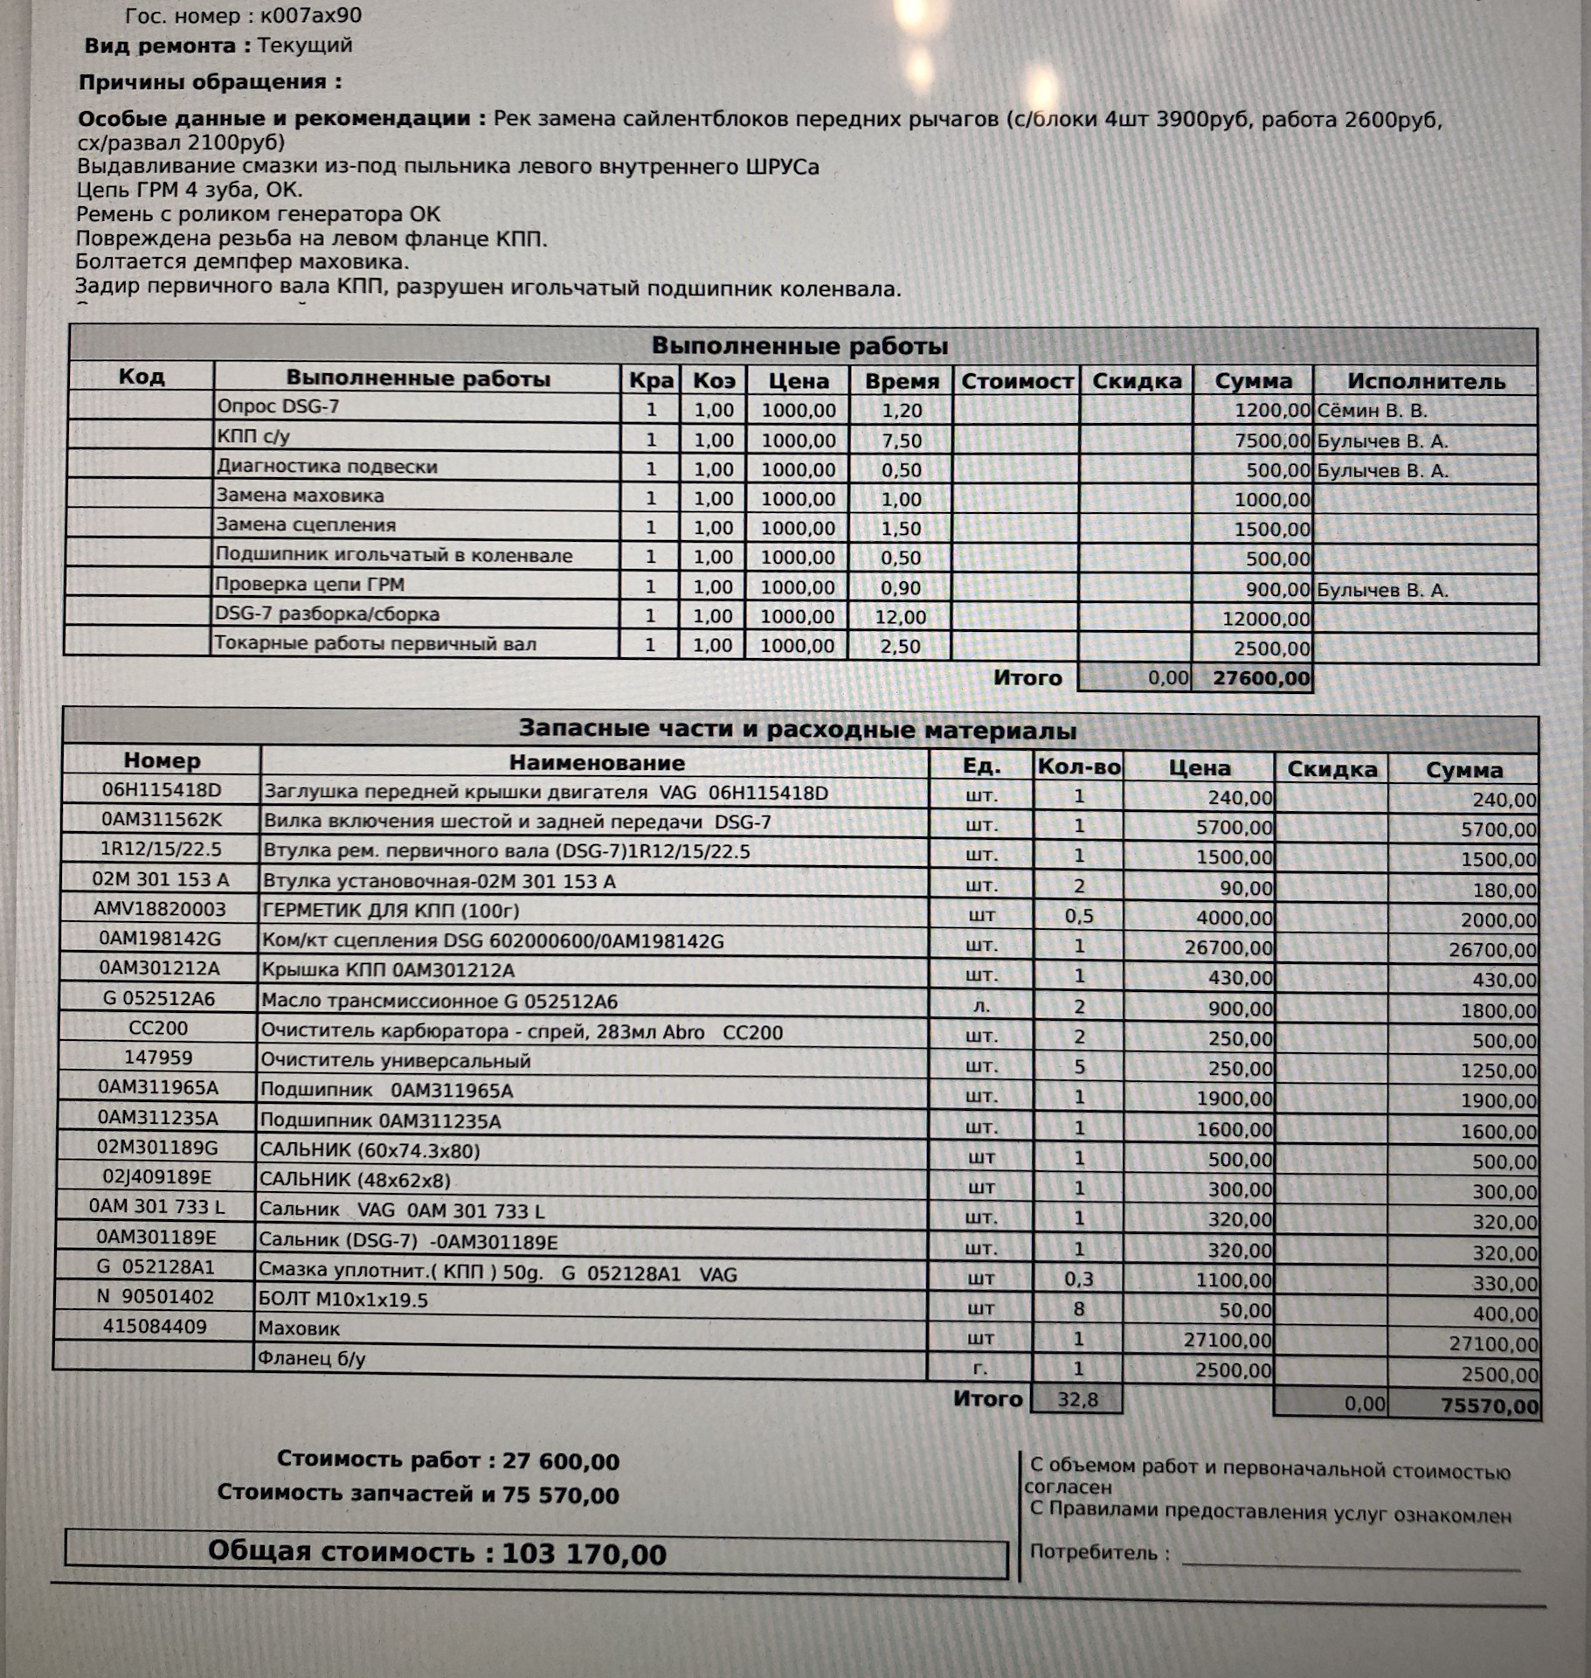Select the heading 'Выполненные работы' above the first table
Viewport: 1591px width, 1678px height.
(799, 346)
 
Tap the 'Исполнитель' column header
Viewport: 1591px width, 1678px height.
(1425, 381)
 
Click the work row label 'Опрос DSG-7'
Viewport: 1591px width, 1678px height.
(278, 406)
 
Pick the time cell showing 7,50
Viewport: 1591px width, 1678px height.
(901, 440)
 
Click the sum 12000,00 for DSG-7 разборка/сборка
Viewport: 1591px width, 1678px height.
(1266, 620)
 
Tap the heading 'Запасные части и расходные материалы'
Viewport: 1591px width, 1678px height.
(797, 730)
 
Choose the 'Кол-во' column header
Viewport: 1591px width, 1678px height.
(1078, 767)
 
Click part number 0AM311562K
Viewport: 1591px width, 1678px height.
(161, 820)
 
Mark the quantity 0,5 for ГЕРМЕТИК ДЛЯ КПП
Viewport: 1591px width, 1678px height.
(1078, 916)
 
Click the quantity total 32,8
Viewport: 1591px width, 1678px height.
(1076, 1400)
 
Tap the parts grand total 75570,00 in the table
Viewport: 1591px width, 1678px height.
(1490, 1405)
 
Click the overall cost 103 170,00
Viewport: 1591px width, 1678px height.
(584, 1554)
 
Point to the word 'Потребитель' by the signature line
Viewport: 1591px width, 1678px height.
(1093, 1553)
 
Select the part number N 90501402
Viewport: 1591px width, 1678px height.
(156, 1297)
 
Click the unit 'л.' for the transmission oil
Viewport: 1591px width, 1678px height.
(981, 1007)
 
